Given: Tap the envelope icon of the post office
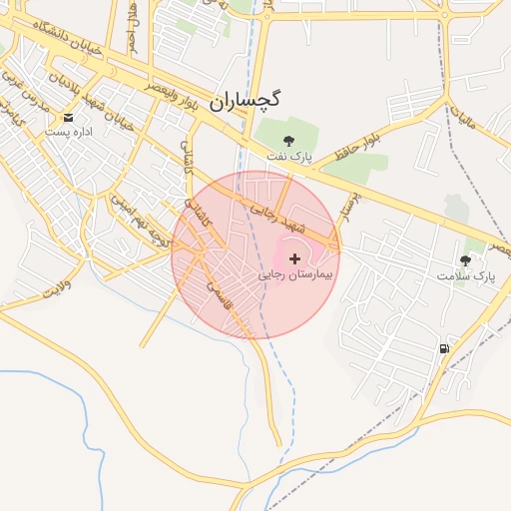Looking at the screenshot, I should (68, 118).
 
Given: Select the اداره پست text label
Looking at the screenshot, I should (68, 132).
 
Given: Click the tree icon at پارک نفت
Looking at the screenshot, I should (288, 141).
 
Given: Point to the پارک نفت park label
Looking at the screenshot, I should (288, 157).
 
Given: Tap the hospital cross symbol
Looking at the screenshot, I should (294, 258).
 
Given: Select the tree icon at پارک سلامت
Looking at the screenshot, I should (465, 259).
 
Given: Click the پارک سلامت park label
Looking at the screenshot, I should (465, 274).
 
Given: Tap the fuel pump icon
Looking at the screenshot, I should (443, 349).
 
